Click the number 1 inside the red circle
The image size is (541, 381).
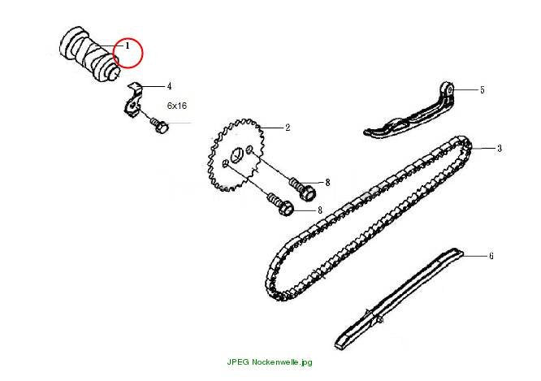(x=128, y=45)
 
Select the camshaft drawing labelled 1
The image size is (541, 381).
(x=90, y=54)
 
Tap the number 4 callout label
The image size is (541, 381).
(x=169, y=86)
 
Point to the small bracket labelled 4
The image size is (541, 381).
(x=133, y=101)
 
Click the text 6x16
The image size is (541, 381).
(x=177, y=106)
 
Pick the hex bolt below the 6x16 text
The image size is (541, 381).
(x=159, y=125)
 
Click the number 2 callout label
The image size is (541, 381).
(x=288, y=128)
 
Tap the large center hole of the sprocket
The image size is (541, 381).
(x=236, y=155)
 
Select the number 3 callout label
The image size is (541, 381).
(x=500, y=149)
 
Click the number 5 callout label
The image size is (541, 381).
(x=483, y=89)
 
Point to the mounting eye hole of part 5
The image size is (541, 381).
(x=450, y=90)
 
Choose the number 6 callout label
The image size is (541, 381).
(x=491, y=256)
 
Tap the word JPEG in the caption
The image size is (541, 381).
(x=238, y=362)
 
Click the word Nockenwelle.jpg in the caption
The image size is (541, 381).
(x=282, y=362)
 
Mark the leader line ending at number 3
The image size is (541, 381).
(x=483, y=149)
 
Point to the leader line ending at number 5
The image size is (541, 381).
(x=465, y=89)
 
